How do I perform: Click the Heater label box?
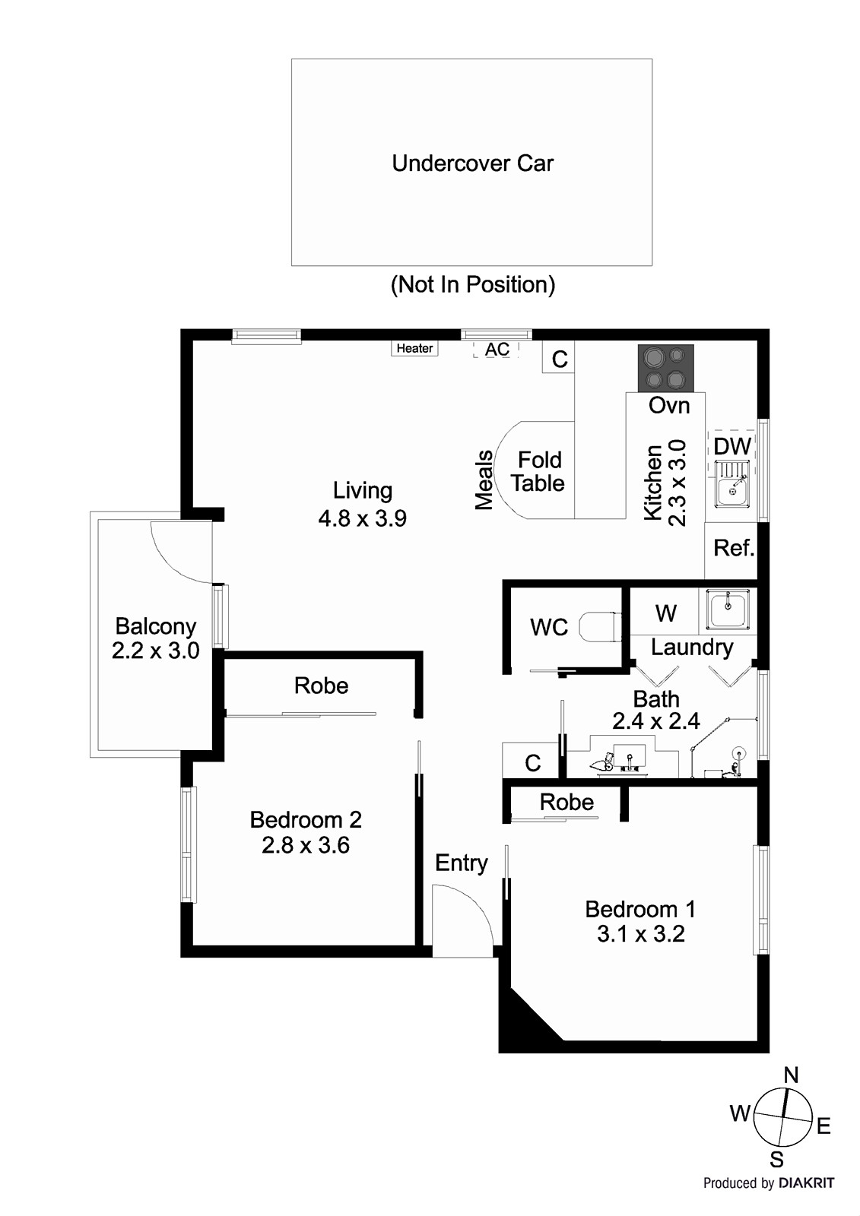pos(415,348)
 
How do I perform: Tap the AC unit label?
pos(497,350)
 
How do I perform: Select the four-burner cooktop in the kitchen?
pos(665,369)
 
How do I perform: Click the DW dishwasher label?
pos(731,447)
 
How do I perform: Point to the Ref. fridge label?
pos(734,548)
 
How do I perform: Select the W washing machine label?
pos(665,613)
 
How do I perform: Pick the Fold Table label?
pos(538,471)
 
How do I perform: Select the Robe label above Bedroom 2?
pos(321,686)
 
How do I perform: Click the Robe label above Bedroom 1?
pos(566,802)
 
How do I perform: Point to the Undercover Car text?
pos(472,163)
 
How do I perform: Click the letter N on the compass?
pos(791,1075)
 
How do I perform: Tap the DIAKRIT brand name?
pos(807,1183)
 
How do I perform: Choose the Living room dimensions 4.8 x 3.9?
pos(362,518)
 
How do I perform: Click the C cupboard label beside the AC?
pos(560,359)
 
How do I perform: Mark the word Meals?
pos(484,480)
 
